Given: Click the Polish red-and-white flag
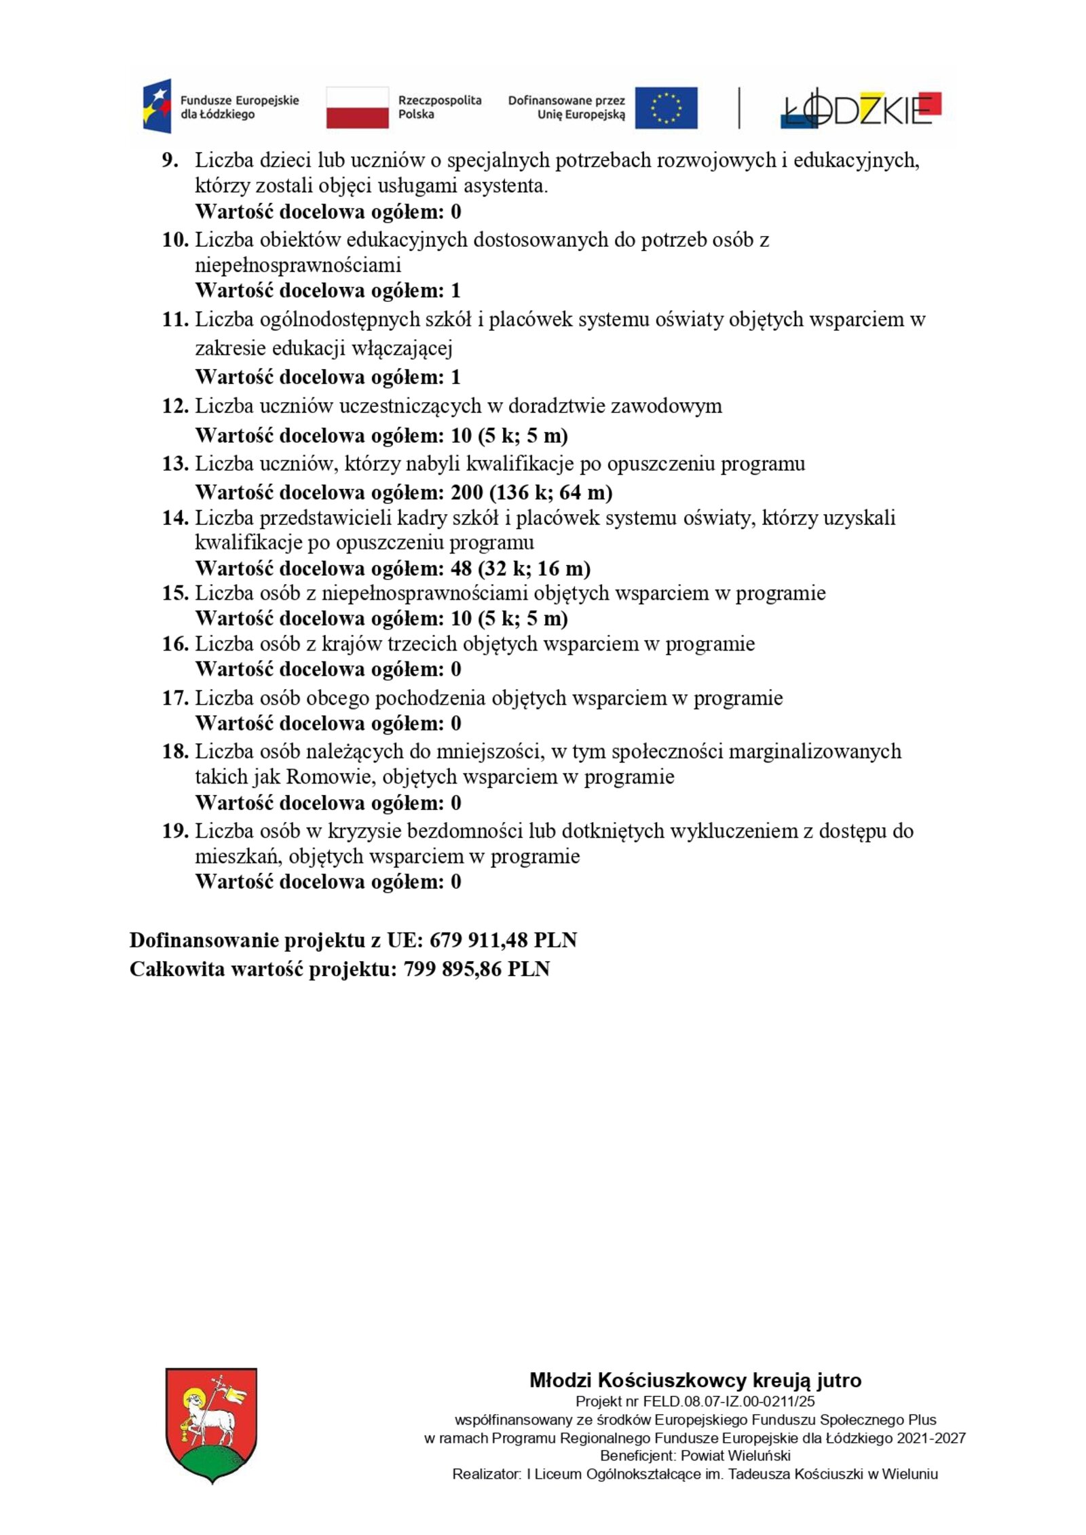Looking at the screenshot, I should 357,107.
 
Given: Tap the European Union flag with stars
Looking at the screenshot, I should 665,107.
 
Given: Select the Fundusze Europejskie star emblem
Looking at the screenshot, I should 157,106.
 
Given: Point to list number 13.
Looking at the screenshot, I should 174,464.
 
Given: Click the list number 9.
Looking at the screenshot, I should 170,161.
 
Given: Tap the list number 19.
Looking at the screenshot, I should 174,831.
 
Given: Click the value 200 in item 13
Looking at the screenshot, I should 467,492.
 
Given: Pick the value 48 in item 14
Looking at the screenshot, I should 461,568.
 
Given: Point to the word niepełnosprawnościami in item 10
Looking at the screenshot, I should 298,265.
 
